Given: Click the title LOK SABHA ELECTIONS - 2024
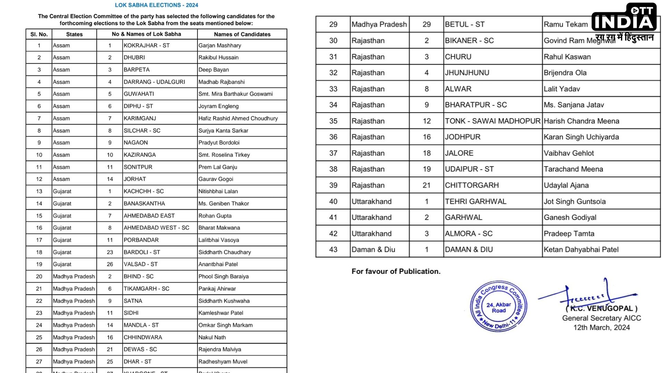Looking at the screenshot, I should coord(156,5).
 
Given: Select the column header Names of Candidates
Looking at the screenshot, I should coord(242,34).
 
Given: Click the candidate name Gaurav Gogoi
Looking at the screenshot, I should coord(216,179).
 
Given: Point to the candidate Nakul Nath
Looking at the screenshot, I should coord(212,337).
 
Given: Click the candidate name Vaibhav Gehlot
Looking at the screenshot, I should coord(569,153).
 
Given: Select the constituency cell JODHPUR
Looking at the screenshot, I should coord(463,137).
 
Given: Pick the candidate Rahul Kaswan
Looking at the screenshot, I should coord(567,57).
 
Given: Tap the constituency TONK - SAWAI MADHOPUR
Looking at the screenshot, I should coord(492,121).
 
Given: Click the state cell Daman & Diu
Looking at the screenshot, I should coord(373,249).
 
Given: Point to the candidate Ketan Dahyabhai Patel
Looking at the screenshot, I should coord(581,249).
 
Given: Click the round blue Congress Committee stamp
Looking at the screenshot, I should coord(499,306).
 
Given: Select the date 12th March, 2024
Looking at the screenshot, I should coord(602,327).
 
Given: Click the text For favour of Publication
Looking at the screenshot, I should coord(396,271).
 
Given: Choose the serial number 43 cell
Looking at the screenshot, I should coord(333,249).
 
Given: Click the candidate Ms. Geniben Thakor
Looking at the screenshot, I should coord(223,203).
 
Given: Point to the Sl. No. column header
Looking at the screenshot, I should coord(39,34).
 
